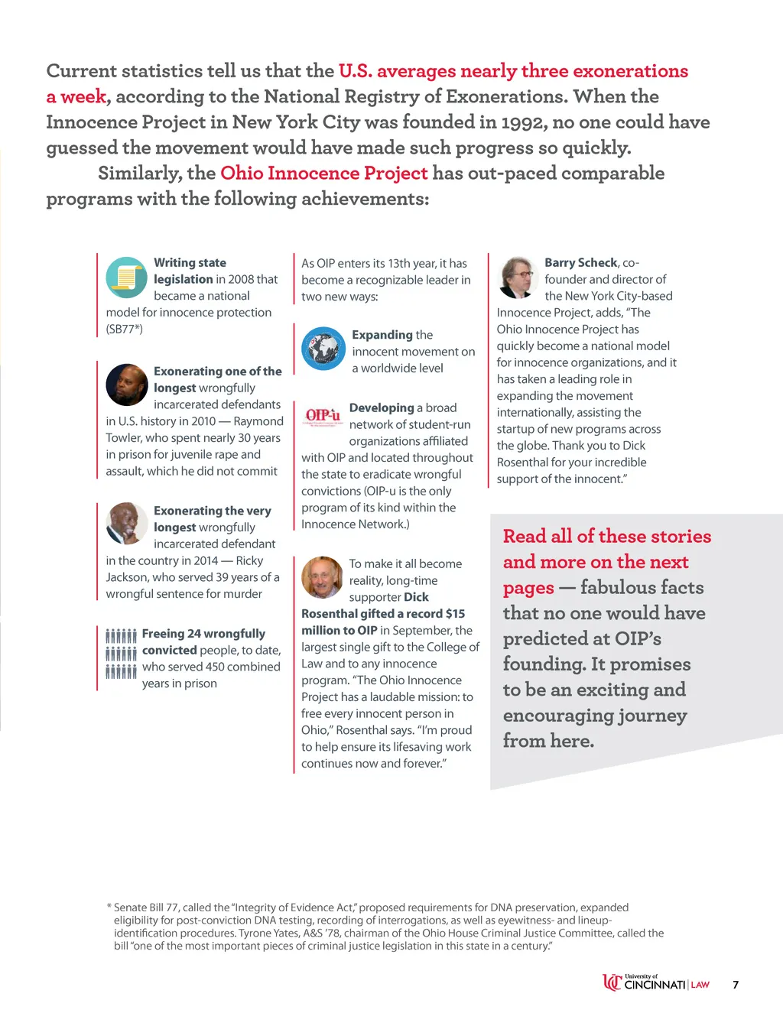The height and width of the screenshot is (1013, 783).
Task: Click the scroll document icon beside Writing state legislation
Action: pyautogui.click(x=126, y=277)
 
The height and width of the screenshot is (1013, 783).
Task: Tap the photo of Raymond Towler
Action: pyautogui.click(x=126, y=385)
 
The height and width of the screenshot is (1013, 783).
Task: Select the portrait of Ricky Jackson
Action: pyautogui.click(x=126, y=524)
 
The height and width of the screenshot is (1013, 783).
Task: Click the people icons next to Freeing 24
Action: pyautogui.click(x=122, y=653)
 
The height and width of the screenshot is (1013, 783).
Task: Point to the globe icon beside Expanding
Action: pyautogui.click(x=323, y=349)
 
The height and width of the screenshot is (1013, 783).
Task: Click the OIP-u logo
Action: pyautogui.click(x=323, y=416)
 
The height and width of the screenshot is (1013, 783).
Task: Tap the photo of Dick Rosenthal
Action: pyautogui.click(x=322, y=577)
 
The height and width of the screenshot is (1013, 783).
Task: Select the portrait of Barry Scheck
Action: pyautogui.click(x=518, y=277)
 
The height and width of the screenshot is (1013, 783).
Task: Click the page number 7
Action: pyautogui.click(x=736, y=985)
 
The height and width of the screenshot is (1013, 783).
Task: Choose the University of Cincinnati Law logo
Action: pyautogui.click(x=656, y=983)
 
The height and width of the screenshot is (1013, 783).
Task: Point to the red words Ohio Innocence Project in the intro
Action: pyautogui.click(x=323, y=174)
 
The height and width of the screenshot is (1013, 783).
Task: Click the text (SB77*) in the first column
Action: pyautogui.click(x=125, y=330)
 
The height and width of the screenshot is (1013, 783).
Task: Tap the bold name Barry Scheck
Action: pyautogui.click(x=580, y=263)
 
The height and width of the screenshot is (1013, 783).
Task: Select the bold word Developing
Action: pyautogui.click(x=381, y=408)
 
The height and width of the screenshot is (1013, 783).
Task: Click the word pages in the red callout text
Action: pyautogui.click(x=528, y=588)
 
